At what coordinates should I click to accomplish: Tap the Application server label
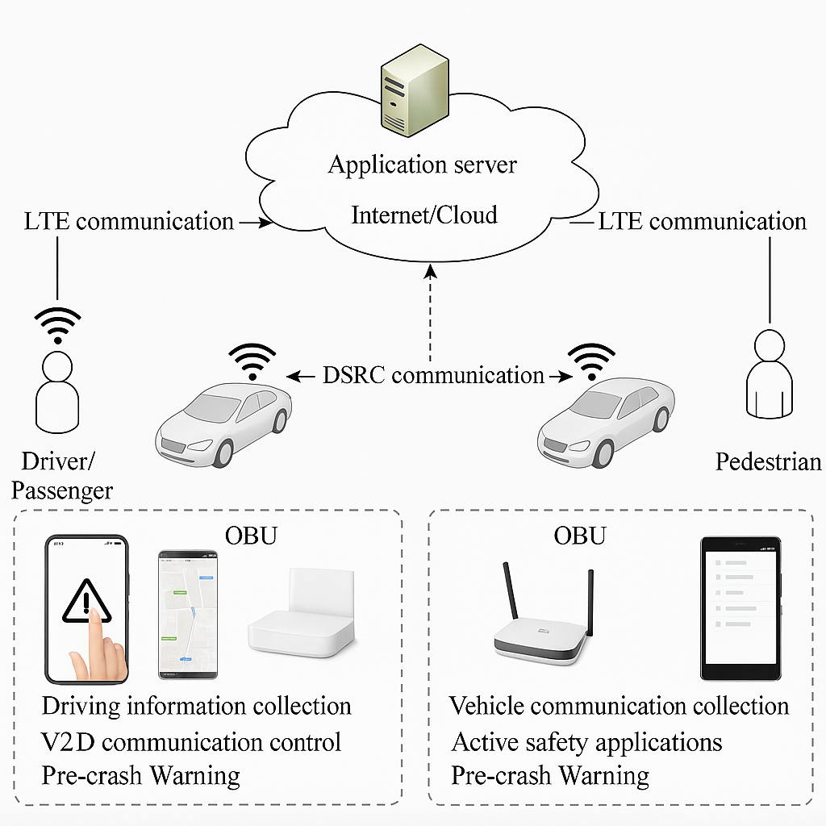click(x=422, y=165)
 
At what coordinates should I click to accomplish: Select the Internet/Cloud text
click(x=424, y=215)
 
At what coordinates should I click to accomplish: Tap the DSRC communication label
click(x=433, y=375)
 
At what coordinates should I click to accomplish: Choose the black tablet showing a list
click(x=740, y=609)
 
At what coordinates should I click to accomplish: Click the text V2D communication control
click(x=191, y=741)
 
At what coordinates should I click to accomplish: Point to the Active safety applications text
click(x=586, y=741)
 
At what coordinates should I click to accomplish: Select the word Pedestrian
click(x=768, y=461)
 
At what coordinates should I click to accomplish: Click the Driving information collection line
click(x=196, y=706)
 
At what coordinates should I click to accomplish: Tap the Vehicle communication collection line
click(x=619, y=706)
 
